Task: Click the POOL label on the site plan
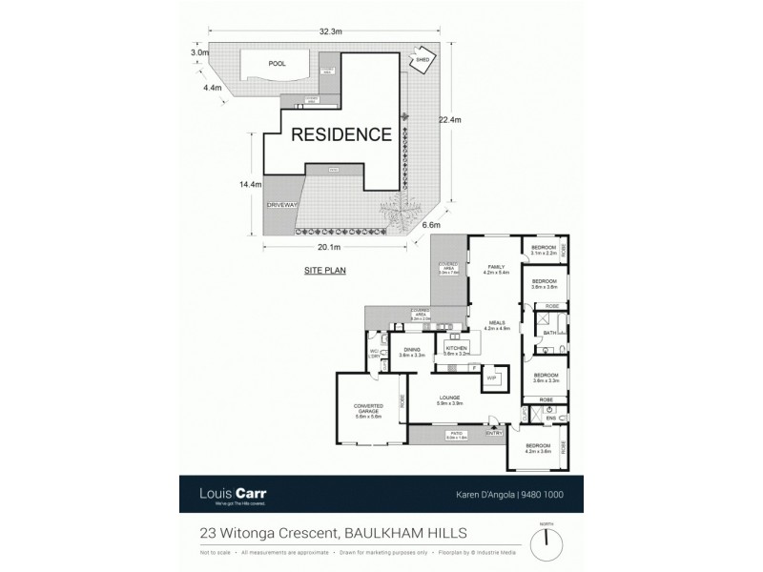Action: point(277,64)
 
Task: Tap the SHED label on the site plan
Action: point(421,60)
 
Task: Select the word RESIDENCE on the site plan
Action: point(340,134)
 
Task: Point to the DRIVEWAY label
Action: point(283,205)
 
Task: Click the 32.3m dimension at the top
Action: point(330,31)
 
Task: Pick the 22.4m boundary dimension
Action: point(449,120)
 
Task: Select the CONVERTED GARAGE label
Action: point(367,410)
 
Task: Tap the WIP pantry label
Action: point(493,378)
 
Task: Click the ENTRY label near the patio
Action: point(494,432)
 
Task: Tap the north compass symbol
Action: point(546,544)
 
